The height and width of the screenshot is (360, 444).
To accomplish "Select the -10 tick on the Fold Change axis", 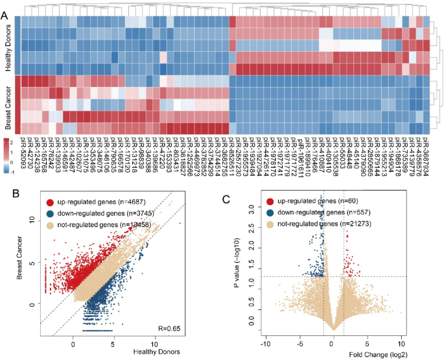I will [264, 342].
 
